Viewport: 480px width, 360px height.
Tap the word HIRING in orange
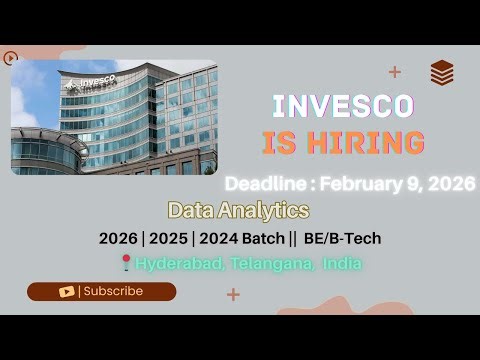(368, 143)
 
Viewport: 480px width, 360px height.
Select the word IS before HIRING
(281, 143)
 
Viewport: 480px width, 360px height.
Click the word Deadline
(265, 184)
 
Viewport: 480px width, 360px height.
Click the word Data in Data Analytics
(189, 211)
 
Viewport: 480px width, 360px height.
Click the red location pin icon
(125, 263)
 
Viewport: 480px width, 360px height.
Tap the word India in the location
(341, 263)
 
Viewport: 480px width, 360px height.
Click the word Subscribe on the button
(112, 292)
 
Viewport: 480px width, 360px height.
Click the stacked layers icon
(442, 73)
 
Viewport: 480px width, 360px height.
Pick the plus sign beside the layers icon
(395, 71)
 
